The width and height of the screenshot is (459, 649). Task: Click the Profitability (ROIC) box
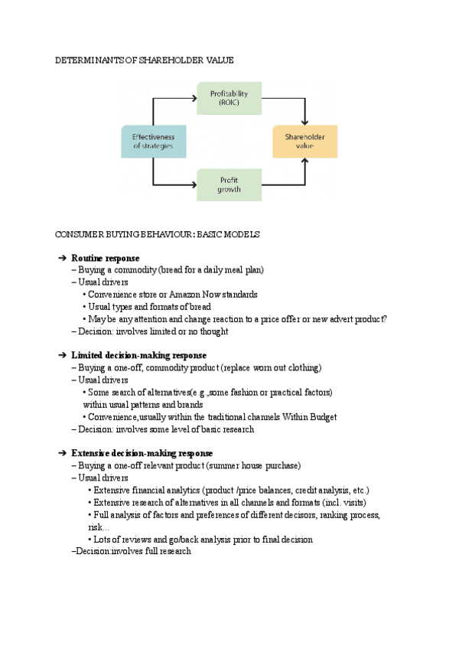(229, 98)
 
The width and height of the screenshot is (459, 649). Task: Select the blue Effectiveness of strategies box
(154, 141)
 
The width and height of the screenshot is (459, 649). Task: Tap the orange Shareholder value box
(304, 141)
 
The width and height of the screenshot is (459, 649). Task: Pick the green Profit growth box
(229, 184)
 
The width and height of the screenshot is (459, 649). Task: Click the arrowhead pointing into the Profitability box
(194, 98)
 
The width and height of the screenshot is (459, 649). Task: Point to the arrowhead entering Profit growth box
(194, 184)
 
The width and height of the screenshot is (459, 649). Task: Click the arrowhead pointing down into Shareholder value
(304, 122)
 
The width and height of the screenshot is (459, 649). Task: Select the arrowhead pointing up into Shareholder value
(304, 161)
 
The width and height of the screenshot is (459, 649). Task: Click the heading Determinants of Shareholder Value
(145, 60)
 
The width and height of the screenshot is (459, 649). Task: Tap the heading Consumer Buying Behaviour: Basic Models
(158, 234)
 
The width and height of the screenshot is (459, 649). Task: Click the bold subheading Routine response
(106, 258)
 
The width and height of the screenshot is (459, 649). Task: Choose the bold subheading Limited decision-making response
(139, 355)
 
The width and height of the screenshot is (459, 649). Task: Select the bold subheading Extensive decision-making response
(142, 453)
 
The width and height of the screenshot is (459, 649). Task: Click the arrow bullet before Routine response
(62, 258)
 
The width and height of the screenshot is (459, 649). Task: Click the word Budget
(323, 417)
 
